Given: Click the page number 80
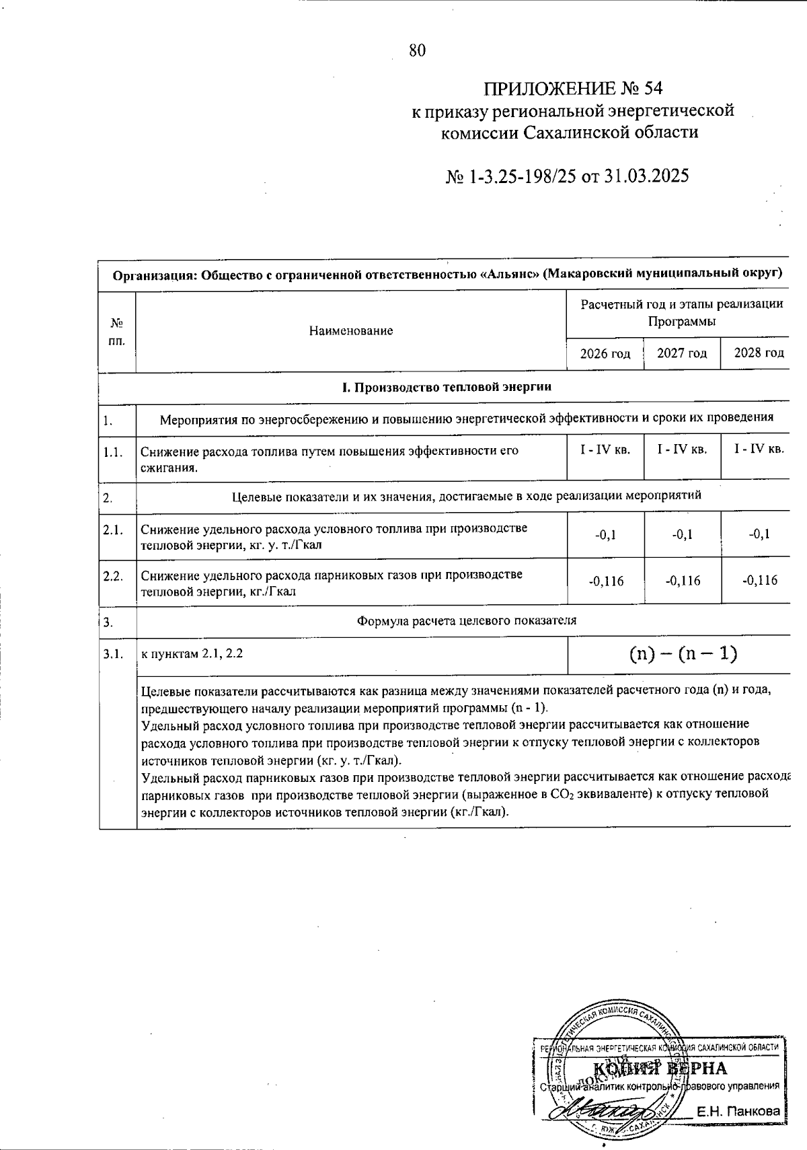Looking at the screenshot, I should (417, 50).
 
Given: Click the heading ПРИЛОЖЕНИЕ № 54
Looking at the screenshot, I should (573, 88).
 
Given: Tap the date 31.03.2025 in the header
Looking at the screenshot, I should (647, 176).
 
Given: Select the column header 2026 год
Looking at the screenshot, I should (605, 353).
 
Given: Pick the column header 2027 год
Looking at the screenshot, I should (682, 353).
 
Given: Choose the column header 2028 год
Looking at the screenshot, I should (759, 353).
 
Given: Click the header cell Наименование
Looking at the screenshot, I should (351, 330).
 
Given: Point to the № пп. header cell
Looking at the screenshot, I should (117, 331).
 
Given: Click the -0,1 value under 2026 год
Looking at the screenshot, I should (605, 535).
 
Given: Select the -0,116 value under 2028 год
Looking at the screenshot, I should (759, 580).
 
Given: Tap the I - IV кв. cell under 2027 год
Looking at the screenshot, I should (682, 450).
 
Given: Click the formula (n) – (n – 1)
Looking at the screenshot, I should (683, 653).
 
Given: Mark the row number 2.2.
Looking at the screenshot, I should (112, 576).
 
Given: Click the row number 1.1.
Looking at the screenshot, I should (112, 452).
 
